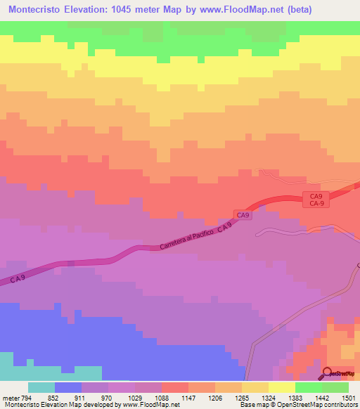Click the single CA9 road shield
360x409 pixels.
pos(243,215)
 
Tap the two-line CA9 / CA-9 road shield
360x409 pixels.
pos(316,200)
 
